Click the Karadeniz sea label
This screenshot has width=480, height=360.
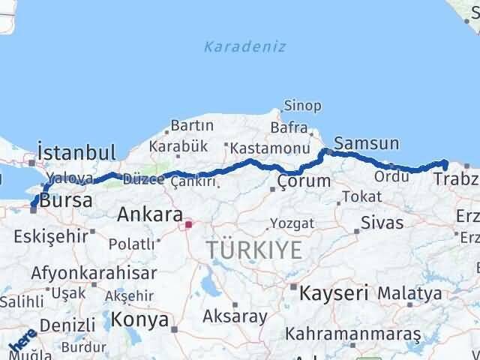click(244, 46)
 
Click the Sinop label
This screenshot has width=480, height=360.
click(302, 106)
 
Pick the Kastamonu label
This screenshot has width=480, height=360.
click(259, 148)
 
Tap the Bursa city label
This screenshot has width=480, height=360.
click(66, 200)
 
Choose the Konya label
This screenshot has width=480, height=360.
click(139, 320)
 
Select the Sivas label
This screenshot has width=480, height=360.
click(382, 223)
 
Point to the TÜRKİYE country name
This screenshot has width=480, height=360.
click(245, 250)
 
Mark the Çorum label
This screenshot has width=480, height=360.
click(304, 181)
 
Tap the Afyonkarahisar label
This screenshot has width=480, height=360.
click(94, 273)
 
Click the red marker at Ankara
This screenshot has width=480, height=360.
click(188, 223)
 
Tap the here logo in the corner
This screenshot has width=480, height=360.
click(21, 343)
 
